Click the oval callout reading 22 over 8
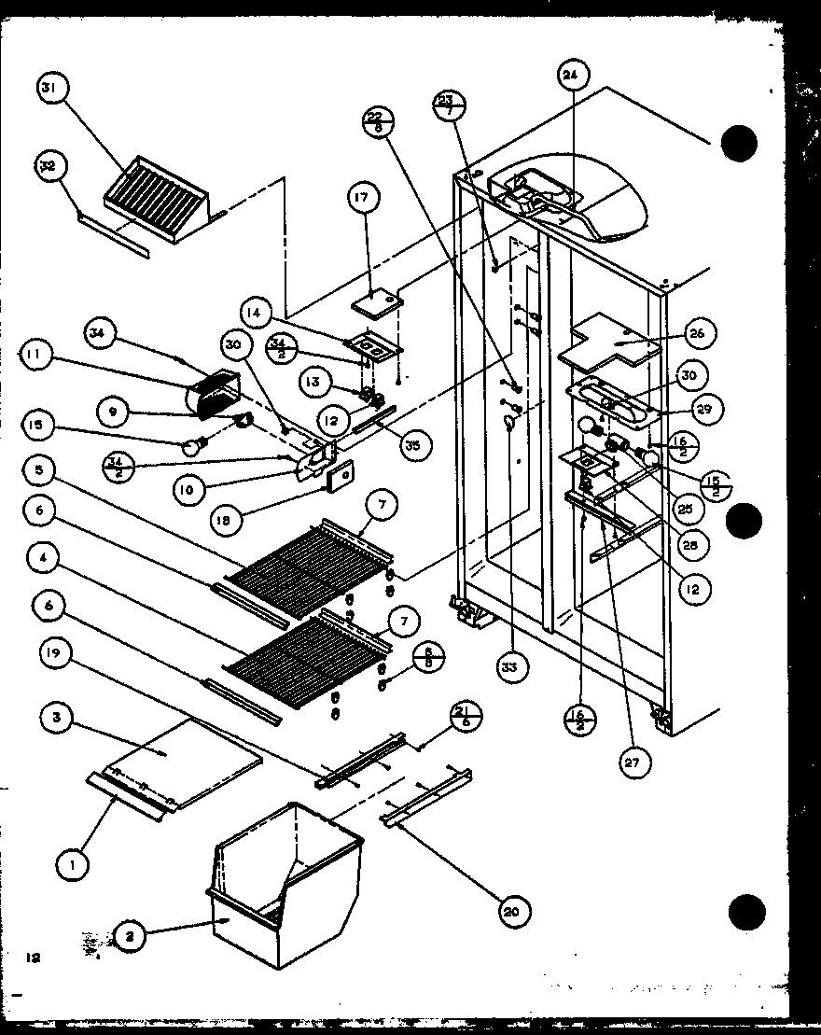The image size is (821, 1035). [x=378, y=121]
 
